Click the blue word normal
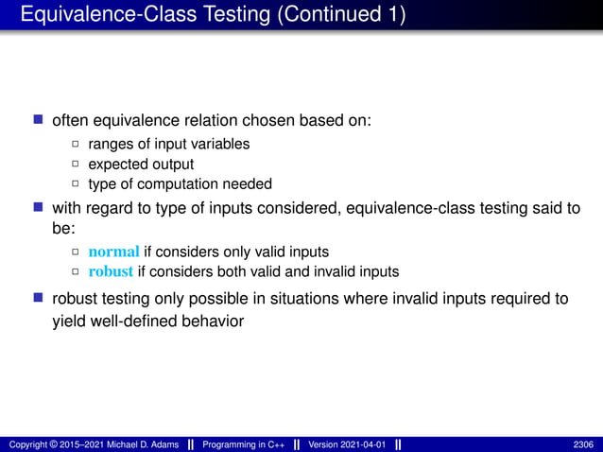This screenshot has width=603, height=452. [113, 252]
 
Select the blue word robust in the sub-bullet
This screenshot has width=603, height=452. [112, 271]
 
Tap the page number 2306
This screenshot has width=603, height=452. [584, 444]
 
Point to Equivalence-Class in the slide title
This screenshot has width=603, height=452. [100, 16]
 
